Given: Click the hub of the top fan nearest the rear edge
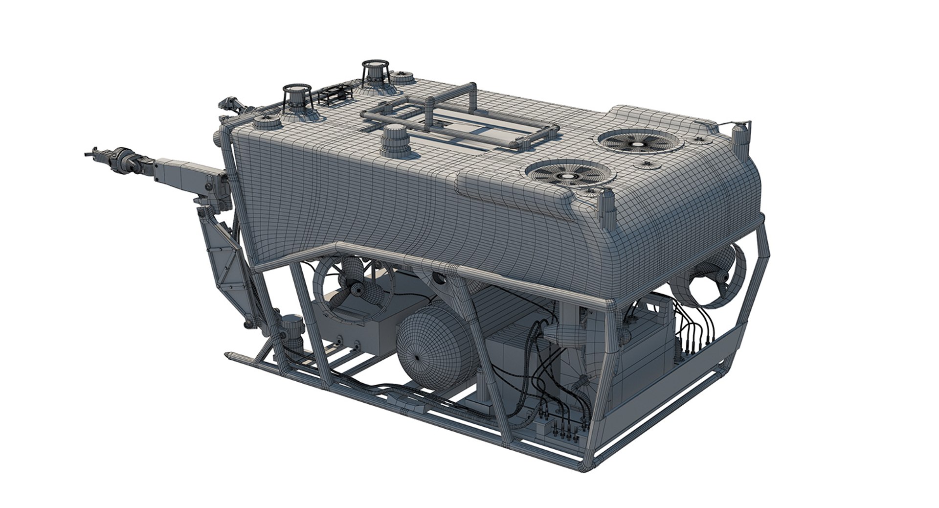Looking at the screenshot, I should (x=639, y=145).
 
